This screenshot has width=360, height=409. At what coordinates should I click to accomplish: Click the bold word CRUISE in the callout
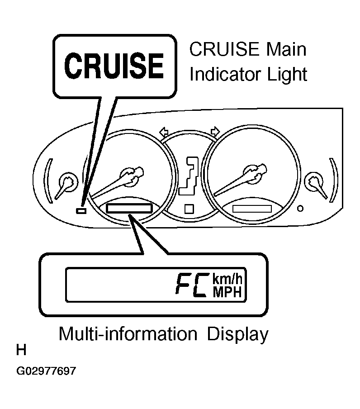coord(114,66)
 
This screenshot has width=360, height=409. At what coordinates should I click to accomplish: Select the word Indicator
coord(225,74)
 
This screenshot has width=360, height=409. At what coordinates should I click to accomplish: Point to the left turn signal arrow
coord(164,132)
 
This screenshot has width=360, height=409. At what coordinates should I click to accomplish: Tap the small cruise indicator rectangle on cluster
coord(81,210)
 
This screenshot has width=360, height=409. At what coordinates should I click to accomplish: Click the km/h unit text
coord(227,279)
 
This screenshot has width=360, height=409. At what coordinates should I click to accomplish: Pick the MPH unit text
coord(227,292)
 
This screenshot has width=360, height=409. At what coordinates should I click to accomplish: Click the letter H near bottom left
coord(21,350)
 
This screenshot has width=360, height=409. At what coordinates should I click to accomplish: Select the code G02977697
coord(46,371)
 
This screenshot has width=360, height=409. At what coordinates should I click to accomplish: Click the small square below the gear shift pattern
coord(189,209)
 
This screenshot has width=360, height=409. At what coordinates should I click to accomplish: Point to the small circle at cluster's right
coord(300,209)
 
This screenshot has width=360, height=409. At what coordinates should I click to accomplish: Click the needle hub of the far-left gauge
coord(68,181)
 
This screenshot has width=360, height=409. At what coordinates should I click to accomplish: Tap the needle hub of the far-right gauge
coord(313,181)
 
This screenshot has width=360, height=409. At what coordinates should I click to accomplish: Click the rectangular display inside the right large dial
coord(252,209)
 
